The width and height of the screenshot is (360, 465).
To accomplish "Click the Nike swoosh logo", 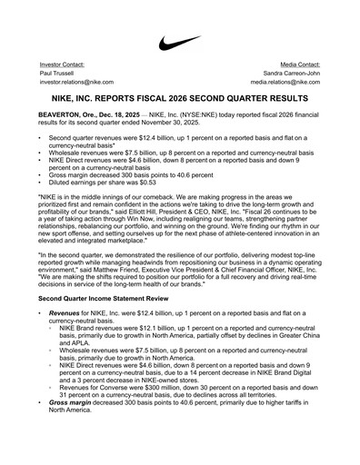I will coord(180,43).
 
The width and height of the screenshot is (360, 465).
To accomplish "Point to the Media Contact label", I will coord(299,65).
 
